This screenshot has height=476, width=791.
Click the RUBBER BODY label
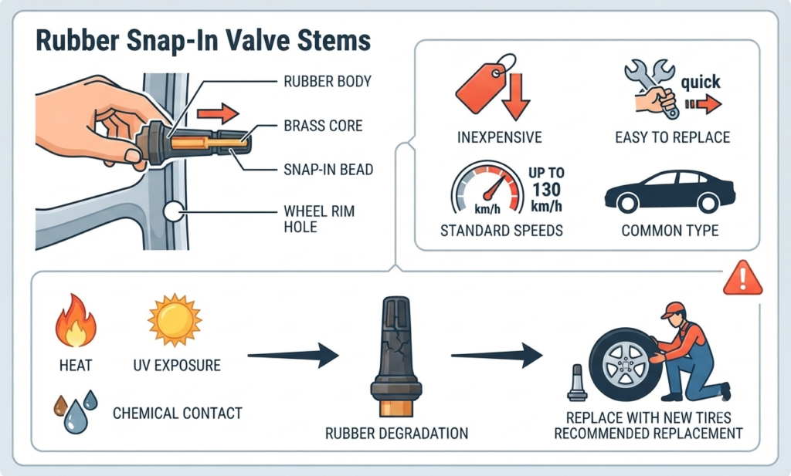328,81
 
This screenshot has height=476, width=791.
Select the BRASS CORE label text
324,126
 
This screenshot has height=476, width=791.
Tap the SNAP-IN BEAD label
328,169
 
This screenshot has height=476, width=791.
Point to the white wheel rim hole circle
173,211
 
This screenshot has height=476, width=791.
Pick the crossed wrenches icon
650,88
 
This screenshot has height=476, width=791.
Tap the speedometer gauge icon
487,187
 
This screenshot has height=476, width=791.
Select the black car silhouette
670,191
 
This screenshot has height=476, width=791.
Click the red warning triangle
742,278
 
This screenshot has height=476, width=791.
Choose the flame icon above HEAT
76,321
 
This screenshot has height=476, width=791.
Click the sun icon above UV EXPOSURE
175,320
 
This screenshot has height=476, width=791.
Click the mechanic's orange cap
674,309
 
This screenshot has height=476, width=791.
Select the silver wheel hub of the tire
625,364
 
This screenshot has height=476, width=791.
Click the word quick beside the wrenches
701,82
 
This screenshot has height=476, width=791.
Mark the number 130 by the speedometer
546,189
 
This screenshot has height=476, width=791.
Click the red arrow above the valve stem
218,113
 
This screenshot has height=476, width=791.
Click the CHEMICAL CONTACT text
178,413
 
